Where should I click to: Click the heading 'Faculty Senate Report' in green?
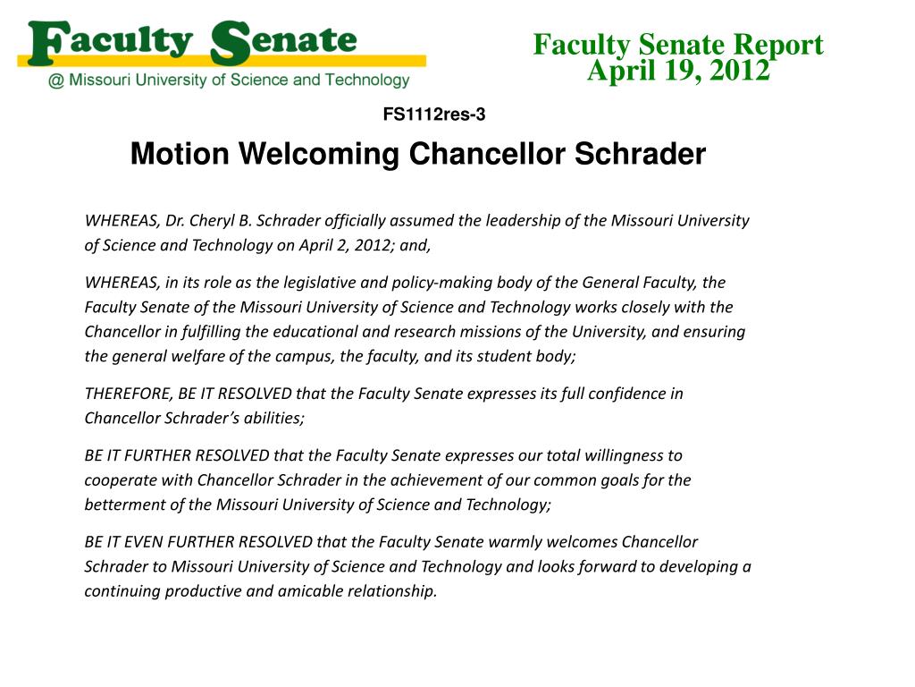pos(678,44)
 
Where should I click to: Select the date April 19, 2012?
pos(678,70)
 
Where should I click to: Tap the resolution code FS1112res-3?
pos(434,114)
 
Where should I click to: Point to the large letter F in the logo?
pos(46,43)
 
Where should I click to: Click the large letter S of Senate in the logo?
pos(230,43)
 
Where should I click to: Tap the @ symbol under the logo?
pos(55,81)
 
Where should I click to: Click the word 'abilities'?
pos(273,418)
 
